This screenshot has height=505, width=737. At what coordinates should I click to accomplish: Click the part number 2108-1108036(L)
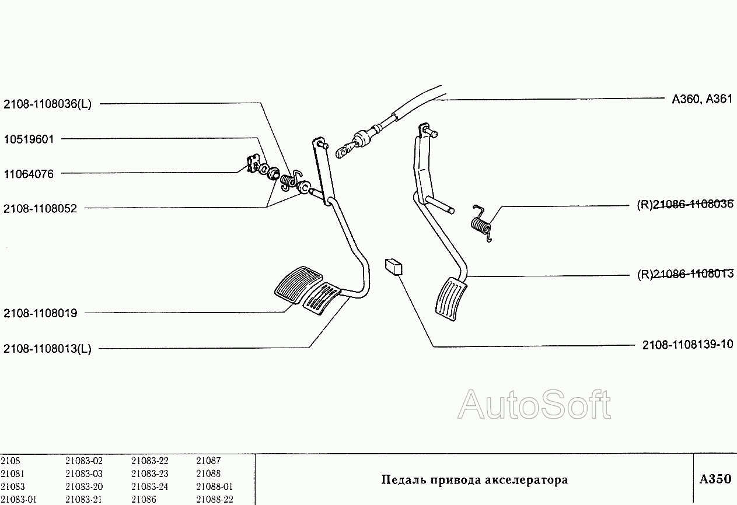47,104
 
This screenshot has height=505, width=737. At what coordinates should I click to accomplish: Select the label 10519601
29,139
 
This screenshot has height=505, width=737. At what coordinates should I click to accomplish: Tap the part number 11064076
29,174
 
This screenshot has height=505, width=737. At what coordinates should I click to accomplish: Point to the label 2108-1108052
40,208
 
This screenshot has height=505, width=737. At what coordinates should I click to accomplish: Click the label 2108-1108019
40,313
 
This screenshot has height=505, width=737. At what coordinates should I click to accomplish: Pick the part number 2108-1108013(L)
47,349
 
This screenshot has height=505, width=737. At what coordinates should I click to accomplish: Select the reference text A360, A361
702,99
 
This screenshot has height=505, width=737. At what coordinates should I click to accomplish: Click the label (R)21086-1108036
684,205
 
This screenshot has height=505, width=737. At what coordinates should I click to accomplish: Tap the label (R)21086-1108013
684,274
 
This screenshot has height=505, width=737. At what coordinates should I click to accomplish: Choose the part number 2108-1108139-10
687,345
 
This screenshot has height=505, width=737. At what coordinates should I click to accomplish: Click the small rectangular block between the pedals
394,266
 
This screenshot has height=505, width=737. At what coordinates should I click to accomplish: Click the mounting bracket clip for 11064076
253,164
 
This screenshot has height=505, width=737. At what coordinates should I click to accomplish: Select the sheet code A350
715,479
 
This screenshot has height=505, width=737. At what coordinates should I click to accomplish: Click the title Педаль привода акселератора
474,480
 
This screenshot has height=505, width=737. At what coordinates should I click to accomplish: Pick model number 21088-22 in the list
215,499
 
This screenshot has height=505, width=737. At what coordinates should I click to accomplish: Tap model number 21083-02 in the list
84,461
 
